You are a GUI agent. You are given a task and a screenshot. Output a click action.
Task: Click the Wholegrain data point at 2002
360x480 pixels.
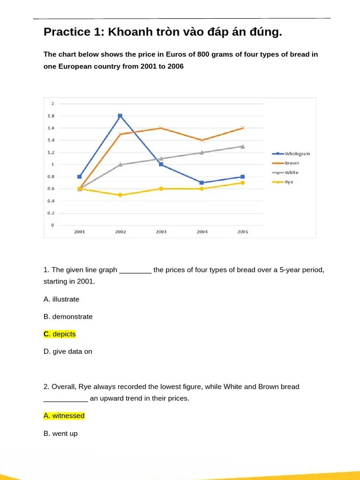pos(120,116)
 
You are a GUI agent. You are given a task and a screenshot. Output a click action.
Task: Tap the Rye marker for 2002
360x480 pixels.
pos(120,195)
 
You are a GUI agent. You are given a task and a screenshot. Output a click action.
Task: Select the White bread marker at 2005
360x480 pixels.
pos(242,146)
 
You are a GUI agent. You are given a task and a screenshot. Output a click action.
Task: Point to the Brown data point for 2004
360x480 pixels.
pos(202,140)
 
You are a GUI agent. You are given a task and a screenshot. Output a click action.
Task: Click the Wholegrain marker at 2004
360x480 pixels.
pos(202,183)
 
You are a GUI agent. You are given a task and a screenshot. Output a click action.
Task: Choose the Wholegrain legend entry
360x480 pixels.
pos(297,154)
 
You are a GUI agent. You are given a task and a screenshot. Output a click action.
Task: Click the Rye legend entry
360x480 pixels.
pos(289,182)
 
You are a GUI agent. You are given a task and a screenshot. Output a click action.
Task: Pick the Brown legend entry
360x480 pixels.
pos(291,163)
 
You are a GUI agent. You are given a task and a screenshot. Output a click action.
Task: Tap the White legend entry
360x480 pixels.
pos(291,172)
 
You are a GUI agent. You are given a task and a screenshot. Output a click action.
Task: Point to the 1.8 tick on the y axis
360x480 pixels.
pos(52,116)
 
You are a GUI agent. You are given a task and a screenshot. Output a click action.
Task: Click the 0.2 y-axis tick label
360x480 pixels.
pos(52,213)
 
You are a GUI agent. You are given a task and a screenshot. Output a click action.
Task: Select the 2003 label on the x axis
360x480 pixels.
pos(161,232)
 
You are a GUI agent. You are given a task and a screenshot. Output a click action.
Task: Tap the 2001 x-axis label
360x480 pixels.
pos(80,232)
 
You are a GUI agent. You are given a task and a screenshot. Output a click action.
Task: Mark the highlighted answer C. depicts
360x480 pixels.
pos(60,334)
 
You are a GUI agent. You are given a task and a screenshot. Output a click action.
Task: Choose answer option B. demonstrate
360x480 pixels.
pos(68,317)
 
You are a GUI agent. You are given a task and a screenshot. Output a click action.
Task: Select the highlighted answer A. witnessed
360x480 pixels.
pos(64,416)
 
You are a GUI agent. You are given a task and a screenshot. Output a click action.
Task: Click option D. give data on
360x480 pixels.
pos(68,352)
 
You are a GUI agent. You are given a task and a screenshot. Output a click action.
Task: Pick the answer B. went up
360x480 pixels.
pos(60,434)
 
